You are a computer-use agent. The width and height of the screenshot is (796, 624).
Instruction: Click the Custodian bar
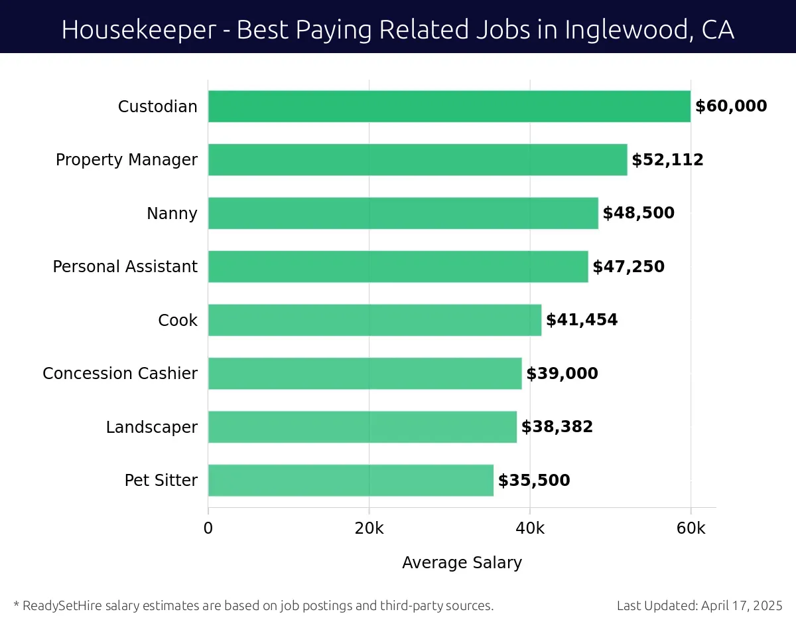pyautogui.click(x=449, y=106)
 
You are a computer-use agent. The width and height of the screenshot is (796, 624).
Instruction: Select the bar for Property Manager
pyautogui.click(x=417, y=160)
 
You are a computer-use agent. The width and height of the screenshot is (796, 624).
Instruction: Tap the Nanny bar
pyautogui.click(x=403, y=213)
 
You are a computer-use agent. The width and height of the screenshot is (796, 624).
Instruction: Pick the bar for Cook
pyautogui.click(x=375, y=320)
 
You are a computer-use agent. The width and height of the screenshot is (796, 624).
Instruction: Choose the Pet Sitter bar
pyautogui.click(x=351, y=481)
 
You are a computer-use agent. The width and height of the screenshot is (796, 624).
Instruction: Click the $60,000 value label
pyautogui.click(x=731, y=106)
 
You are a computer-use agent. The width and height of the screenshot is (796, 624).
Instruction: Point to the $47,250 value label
pyautogui.click(x=628, y=267)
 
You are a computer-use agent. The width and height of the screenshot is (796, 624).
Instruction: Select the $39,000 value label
pyautogui.click(x=562, y=374)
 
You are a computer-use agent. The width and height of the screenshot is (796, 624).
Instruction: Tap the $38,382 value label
pyautogui.click(x=557, y=427)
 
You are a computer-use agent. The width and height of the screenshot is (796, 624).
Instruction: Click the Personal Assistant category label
pyautogui.click(x=125, y=267)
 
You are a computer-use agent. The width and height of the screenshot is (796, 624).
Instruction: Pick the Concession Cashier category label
pyautogui.click(x=120, y=374)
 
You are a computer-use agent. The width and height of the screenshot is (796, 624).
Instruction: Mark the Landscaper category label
pyautogui.click(x=152, y=427)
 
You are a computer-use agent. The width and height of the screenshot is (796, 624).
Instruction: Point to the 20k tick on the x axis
pyautogui.click(x=369, y=528)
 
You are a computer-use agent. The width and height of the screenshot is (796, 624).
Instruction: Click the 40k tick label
pyautogui.click(x=530, y=528)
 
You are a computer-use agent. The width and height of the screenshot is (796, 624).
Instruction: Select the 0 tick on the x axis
pyautogui.click(x=208, y=528)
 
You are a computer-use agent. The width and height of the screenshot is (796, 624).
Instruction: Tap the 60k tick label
pyautogui.click(x=691, y=528)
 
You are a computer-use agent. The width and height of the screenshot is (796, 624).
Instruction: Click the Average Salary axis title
pyautogui.click(x=462, y=563)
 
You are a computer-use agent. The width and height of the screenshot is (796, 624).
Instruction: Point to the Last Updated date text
pyautogui.click(x=699, y=605)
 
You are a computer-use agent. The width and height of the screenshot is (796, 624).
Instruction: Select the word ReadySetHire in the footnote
pyautogui.click(x=61, y=605)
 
